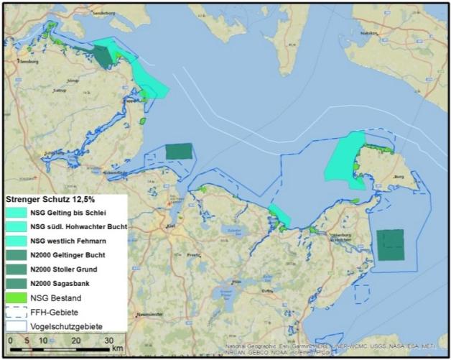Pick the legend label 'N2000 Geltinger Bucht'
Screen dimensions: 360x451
(68, 254)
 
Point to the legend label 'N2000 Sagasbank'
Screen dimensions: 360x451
(62, 282)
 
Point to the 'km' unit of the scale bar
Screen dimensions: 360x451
(117, 349)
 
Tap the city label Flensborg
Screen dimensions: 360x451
(28, 61)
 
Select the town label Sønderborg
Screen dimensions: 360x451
(103, 13)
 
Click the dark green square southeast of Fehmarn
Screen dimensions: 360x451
(391, 245)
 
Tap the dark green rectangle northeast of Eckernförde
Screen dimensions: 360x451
(179, 151)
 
